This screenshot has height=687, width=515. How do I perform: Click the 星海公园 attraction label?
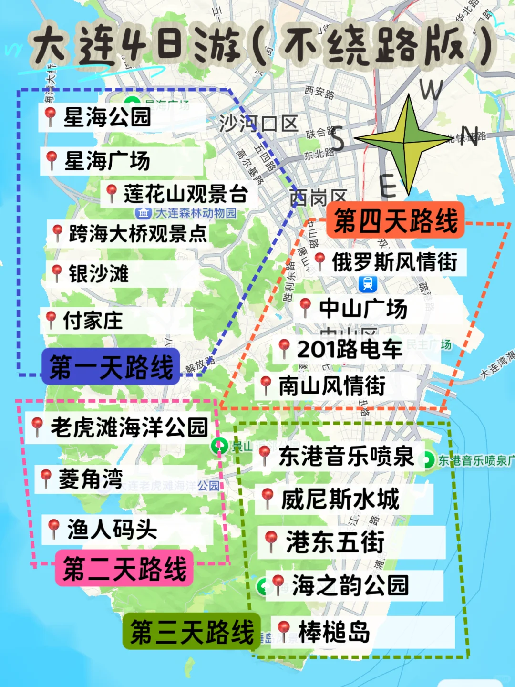tap(107, 117)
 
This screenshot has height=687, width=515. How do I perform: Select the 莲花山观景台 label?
tap(185, 194)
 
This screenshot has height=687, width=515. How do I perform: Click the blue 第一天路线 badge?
tap(111, 367)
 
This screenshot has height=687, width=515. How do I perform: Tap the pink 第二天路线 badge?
tap(124, 568)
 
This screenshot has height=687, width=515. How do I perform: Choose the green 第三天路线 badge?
tap(192, 632)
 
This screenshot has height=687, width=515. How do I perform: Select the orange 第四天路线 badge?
tap(395, 220)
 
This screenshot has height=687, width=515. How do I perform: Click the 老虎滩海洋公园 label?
tap(129, 427)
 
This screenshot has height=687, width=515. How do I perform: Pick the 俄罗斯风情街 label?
tap(394, 262)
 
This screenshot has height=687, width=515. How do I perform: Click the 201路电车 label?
tap(350, 349)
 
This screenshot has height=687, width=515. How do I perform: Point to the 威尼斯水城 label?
tap(340, 499)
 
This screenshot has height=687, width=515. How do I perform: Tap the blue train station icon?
tap(368, 284)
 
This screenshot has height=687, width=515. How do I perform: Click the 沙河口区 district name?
tap(258, 124)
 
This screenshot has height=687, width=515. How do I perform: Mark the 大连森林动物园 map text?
tap(196, 213)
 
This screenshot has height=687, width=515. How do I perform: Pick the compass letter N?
tap(469, 136)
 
